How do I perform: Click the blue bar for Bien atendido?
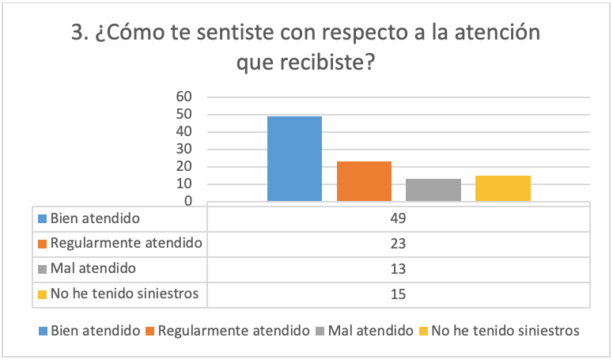294,158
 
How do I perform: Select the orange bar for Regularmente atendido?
364,181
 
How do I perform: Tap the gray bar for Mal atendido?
433,190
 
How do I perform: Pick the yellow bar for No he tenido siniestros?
503,188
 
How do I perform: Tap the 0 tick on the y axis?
189,201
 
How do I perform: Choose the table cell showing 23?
398,243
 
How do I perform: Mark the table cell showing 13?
398,269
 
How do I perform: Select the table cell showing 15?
398,294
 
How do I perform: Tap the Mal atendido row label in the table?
91,269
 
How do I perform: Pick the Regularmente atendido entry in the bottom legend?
233,330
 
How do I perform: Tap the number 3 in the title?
78,34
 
